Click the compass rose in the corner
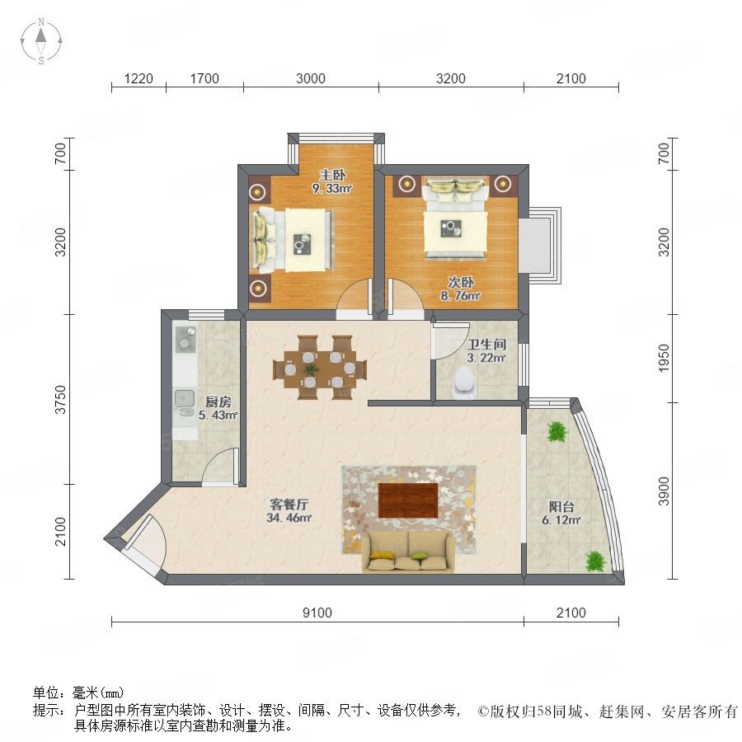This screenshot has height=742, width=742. pyautogui.click(x=41, y=40)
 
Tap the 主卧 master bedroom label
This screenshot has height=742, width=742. pyautogui.click(x=332, y=175)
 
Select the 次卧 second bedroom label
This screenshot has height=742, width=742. pyautogui.click(x=460, y=283)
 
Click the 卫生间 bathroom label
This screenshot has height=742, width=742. pyautogui.click(x=486, y=344)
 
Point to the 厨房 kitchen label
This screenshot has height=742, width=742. pyautogui.click(x=218, y=402)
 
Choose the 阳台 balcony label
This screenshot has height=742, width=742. pyautogui.click(x=561, y=507)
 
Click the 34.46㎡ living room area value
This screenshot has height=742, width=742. pyautogui.click(x=289, y=518)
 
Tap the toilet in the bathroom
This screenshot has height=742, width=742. pyautogui.click(x=463, y=383)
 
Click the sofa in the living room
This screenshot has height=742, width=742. pyautogui.click(x=408, y=552)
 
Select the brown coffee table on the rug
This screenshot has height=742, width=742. pyautogui.click(x=408, y=500)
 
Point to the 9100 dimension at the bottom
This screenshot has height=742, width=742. pyautogui.click(x=317, y=613)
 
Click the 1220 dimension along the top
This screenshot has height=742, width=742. pyautogui.click(x=139, y=78)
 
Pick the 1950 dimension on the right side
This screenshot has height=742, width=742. pyautogui.click(x=664, y=358)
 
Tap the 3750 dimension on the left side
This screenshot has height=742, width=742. pyautogui.click(x=60, y=399)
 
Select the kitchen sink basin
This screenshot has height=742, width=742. pyautogui.click(x=185, y=399)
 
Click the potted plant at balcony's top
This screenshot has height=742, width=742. pyautogui.click(x=556, y=431)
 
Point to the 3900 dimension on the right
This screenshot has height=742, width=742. pyautogui.click(x=664, y=491)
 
